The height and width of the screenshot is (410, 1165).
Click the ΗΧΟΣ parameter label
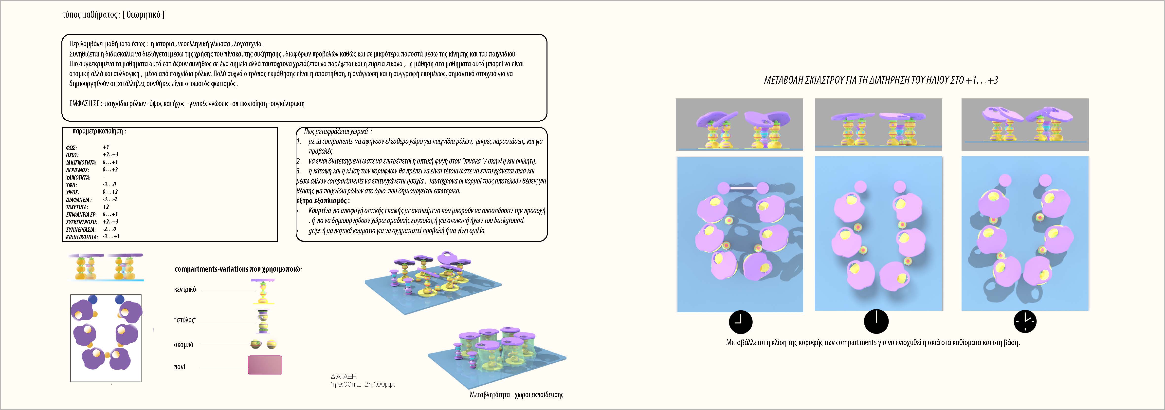click(72, 155)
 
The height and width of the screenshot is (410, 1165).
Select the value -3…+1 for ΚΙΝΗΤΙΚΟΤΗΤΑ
click(111, 236)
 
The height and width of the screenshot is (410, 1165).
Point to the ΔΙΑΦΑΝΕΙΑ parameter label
click(79, 200)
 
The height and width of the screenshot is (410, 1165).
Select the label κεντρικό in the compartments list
click(185, 290)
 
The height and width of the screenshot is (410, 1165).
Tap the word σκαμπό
click(184, 345)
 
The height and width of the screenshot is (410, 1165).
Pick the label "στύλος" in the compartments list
click(185, 320)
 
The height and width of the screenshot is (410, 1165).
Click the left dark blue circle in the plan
click(93, 299)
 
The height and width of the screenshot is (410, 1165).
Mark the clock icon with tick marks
click(1025, 321)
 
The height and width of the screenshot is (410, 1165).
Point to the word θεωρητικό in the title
click(143, 15)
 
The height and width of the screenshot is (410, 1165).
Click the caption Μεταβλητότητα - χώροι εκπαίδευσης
click(516, 395)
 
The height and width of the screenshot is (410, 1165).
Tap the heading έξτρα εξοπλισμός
click(323, 201)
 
